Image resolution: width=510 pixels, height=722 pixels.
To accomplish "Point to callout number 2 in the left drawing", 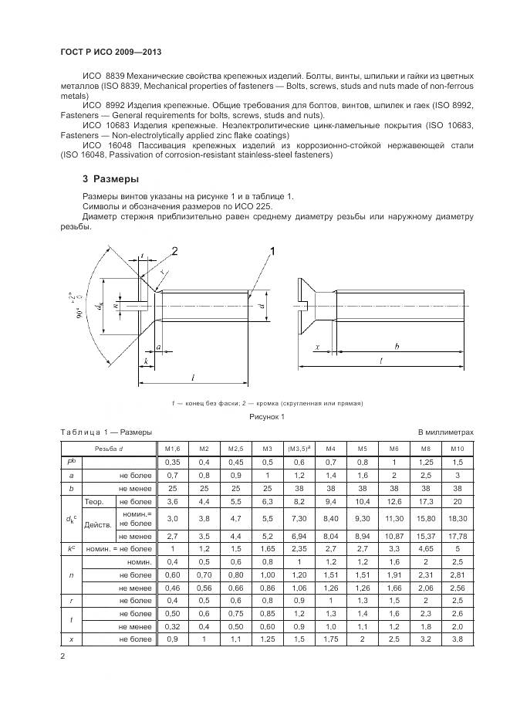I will [174, 250].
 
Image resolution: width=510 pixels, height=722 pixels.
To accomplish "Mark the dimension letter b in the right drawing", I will [397, 347].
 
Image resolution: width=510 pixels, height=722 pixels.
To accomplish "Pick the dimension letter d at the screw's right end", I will [261, 306].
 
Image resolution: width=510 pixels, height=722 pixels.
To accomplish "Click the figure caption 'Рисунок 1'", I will [266, 417].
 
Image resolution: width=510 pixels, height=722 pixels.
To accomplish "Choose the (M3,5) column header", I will [299, 448].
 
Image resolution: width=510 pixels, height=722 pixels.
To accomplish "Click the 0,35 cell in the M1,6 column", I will [173, 461].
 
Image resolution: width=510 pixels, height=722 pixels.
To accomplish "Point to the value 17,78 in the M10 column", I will [456, 536].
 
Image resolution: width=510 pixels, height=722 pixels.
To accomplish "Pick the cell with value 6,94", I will [299, 536].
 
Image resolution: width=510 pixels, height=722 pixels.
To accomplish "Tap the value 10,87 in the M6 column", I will [393, 536].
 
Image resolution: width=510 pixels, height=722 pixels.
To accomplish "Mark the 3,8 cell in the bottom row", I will [456, 640].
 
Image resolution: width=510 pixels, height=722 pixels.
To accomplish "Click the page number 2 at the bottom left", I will [62, 656].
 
